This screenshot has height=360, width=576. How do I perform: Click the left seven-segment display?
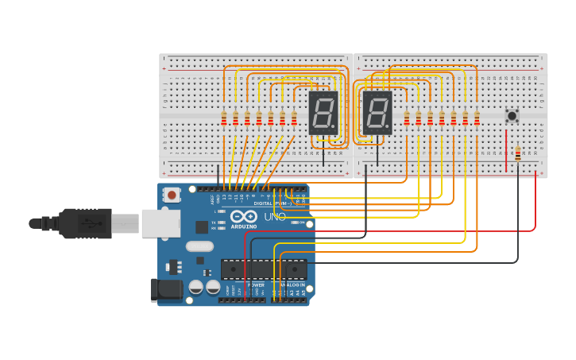(x=323, y=112)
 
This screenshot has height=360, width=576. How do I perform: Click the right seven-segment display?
(x=377, y=112)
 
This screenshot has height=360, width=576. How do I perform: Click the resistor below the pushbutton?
(x=518, y=153)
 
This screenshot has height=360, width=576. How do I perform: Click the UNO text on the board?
(x=274, y=216)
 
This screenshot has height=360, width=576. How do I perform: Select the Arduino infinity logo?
(x=243, y=216)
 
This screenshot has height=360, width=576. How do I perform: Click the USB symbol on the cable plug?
(x=94, y=224)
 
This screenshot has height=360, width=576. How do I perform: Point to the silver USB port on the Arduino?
(x=160, y=223)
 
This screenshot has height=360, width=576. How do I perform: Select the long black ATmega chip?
(x=263, y=269)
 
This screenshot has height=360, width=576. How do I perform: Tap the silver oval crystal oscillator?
(x=200, y=246)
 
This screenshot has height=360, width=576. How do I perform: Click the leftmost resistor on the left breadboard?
(x=224, y=118)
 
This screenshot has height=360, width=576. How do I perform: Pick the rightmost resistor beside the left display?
(x=294, y=118)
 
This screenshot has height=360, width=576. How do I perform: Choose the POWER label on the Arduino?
(x=257, y=284)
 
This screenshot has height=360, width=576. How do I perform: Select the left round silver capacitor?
(x=195, y=287)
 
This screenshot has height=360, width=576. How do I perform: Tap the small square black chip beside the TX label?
(x=202, y=226)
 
